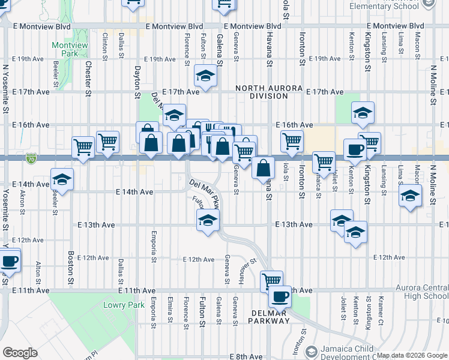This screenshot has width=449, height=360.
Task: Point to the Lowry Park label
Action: point(128,305)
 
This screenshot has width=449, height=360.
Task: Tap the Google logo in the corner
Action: point(20,353)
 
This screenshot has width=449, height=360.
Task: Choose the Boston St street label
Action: point(70,268)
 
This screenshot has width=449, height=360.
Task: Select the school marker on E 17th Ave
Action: point(205,76)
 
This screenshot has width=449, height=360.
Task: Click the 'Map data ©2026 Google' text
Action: point(411,355)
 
